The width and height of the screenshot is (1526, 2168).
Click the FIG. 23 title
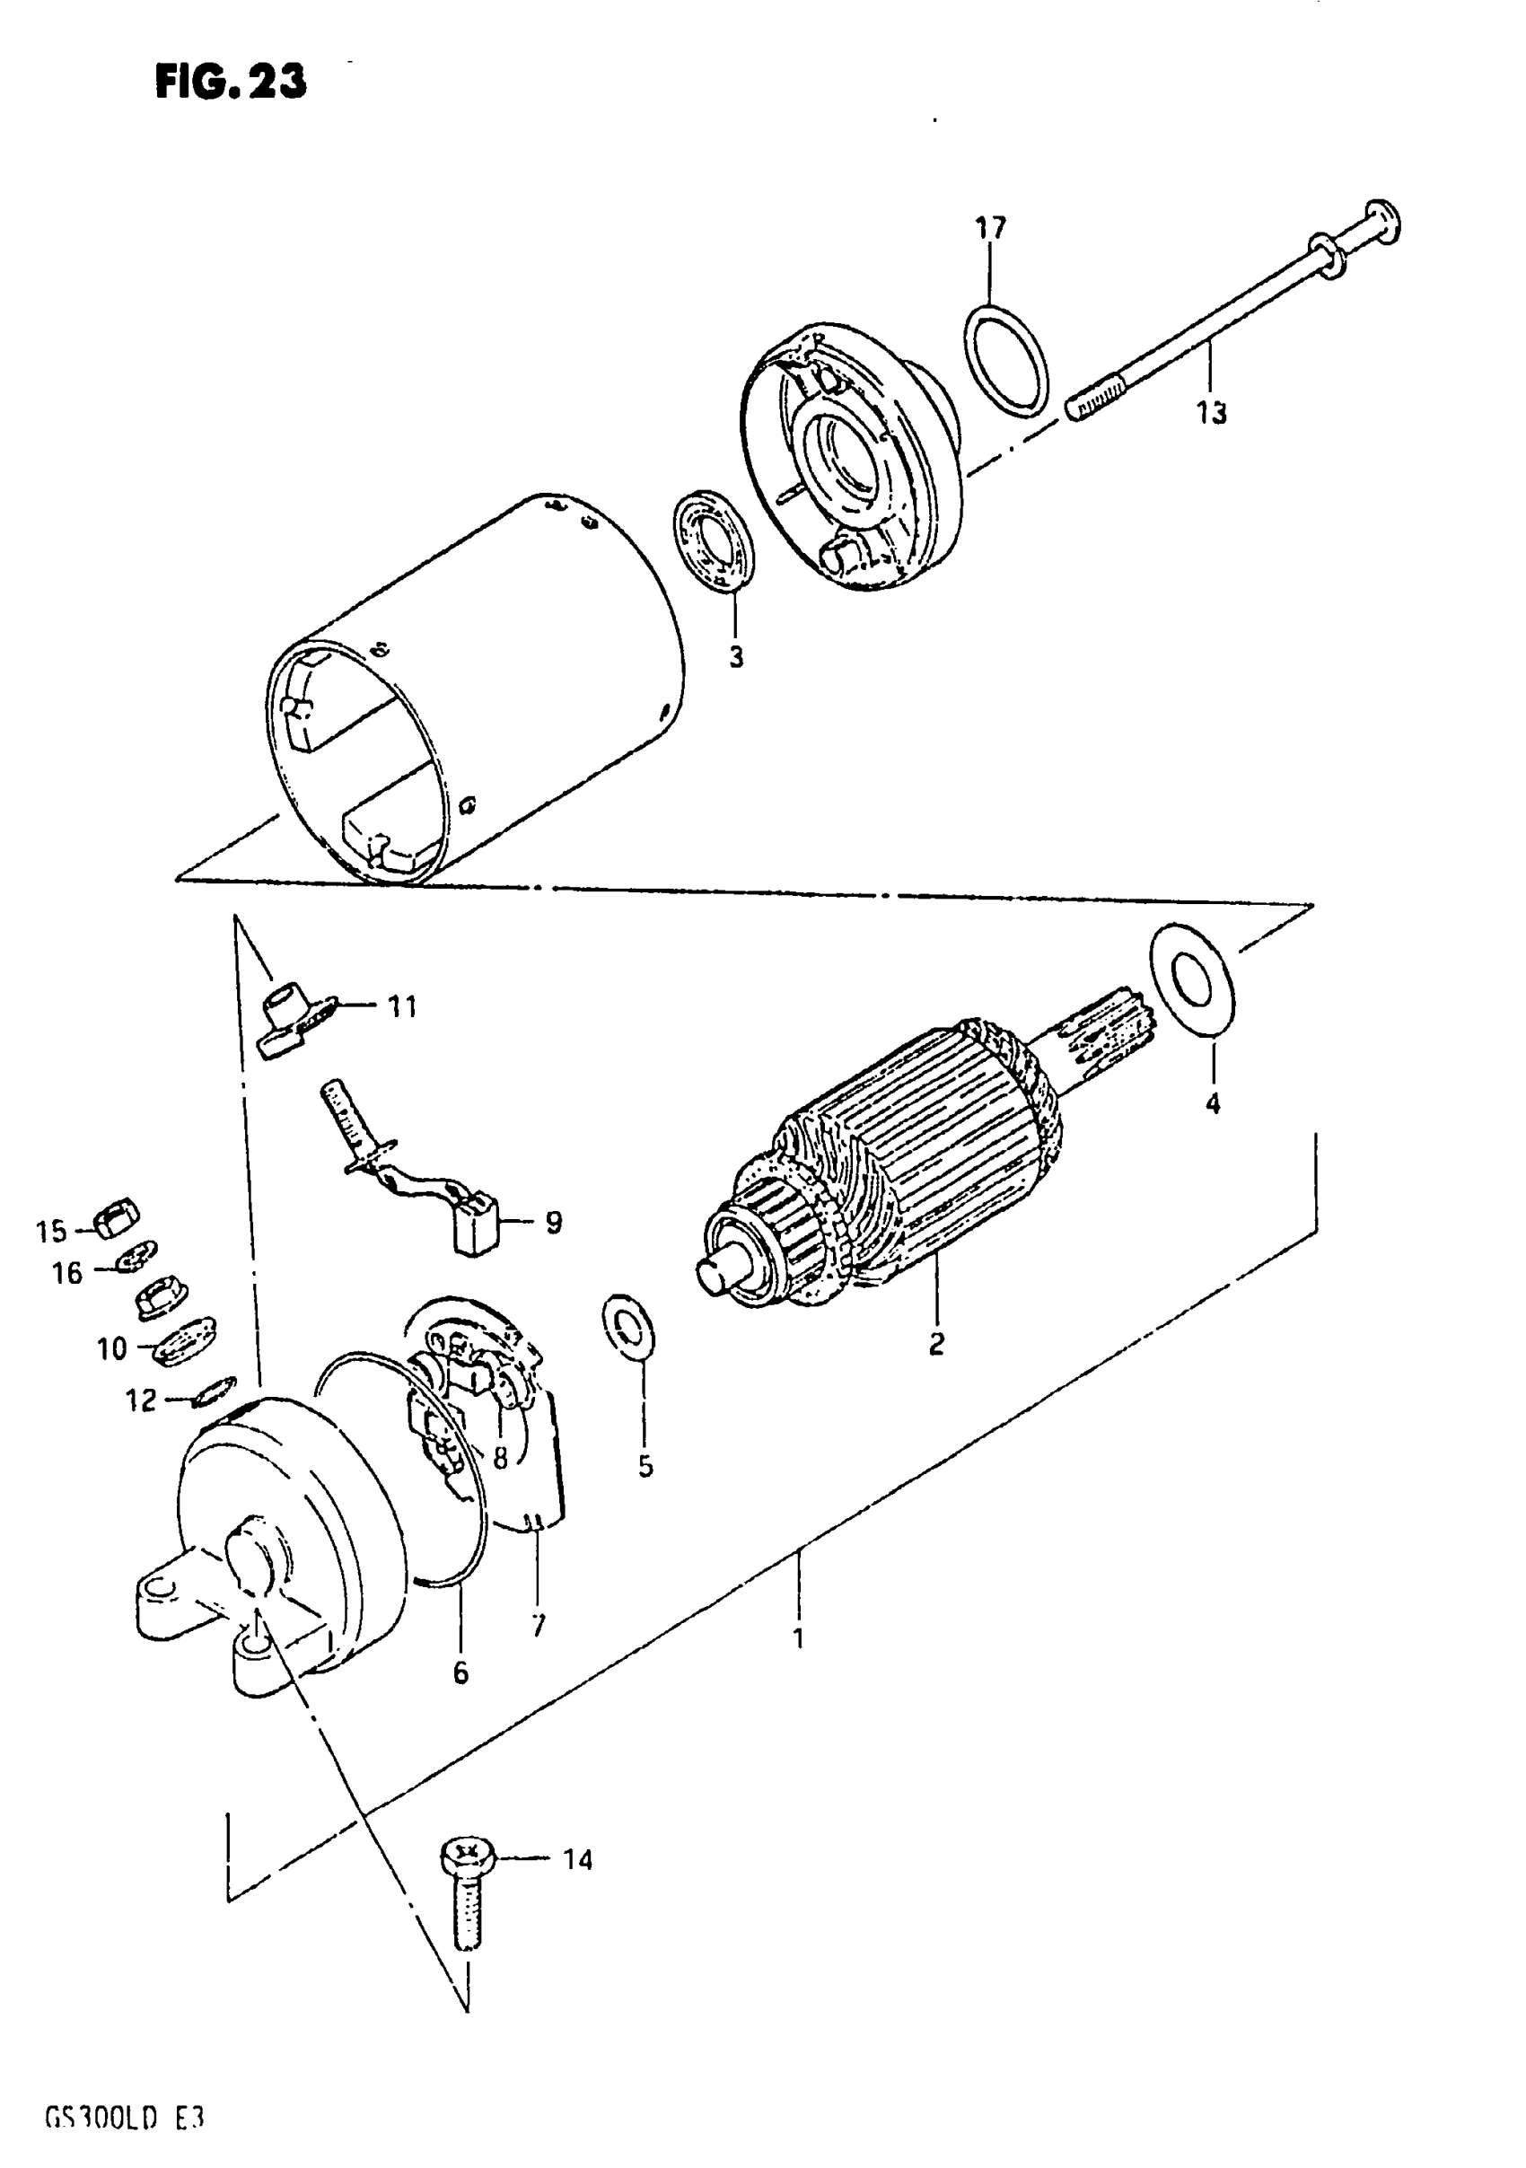click(231, 83)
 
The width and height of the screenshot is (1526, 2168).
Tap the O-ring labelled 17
click(1007, 360)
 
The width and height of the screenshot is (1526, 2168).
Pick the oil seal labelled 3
click(715, 541)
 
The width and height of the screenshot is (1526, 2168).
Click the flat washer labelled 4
click(1192, 979)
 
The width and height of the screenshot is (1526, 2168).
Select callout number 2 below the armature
click(936, 1343)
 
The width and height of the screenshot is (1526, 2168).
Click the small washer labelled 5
click(629, 1330)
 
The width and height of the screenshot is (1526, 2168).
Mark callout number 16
click(68, 1273)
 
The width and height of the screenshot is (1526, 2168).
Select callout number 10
click(111, 1348)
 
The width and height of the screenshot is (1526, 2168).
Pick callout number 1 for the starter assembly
click(799, 1638)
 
